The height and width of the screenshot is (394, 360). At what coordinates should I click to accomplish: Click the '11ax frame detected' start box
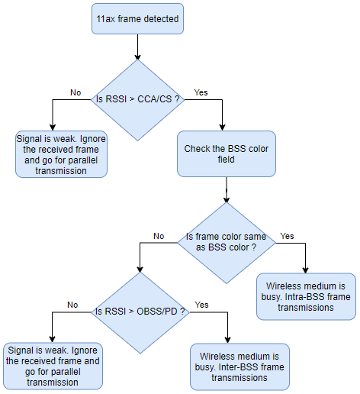pos(137,19)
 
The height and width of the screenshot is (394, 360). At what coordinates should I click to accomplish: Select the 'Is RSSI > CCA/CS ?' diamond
pos(137,99)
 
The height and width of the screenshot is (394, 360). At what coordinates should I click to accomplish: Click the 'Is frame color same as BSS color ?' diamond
pos(227,243)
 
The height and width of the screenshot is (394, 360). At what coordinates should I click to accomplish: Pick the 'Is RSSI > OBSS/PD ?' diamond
pos(139,312)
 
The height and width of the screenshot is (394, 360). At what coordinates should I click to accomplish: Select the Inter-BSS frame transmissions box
pos(239,367)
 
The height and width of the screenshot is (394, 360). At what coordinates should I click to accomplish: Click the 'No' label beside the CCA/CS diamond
pos(76,92)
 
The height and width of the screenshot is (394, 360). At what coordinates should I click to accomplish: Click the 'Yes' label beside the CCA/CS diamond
pos(201,92)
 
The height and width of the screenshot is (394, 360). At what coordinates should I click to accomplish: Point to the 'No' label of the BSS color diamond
pos(159,236)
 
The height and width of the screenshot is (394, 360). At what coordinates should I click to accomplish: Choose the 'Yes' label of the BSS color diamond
pos(287,236)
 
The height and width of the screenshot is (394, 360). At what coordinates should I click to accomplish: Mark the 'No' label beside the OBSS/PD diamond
pos(72,304)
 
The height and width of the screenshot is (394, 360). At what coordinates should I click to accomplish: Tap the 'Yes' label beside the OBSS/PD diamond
pos(202,304)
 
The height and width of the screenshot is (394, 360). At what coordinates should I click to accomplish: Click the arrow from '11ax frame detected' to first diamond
pos(137,47)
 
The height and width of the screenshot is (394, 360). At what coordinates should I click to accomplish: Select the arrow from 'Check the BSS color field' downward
pos(227,190)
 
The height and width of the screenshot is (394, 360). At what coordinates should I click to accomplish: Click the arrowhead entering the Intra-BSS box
pos(306,270)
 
